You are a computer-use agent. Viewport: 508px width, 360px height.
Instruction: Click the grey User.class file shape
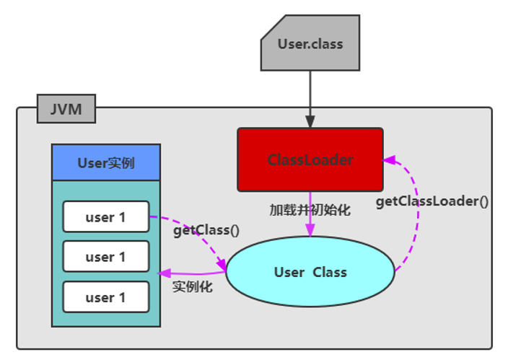coord(310,44)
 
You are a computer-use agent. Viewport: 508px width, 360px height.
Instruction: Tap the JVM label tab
coord(66,110)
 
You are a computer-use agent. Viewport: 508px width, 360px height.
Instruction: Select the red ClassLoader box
coord(310,159)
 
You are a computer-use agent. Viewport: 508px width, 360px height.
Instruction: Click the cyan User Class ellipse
coord(310,272)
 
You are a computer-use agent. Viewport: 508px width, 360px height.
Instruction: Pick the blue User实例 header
coord(106,162)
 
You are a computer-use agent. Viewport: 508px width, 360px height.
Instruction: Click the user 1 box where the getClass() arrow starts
coord(105,216)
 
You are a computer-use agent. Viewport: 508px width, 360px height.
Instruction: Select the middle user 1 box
coord(105,257)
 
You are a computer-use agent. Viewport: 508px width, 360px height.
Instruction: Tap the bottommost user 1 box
coord(105,297)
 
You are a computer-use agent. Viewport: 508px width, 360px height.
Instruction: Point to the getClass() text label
coord(206,231)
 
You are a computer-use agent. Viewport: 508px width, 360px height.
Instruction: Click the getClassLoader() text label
coord(432,202)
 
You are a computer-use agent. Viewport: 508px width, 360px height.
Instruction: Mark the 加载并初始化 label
coord(310,210)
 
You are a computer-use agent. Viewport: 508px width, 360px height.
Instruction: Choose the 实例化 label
coord(193,286)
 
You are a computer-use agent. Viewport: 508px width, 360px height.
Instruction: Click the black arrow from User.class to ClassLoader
coord(310,94)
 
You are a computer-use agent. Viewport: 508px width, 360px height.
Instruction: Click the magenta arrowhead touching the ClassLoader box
coord(390,158)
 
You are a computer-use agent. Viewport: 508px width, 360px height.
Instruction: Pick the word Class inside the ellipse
coord(330,273)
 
